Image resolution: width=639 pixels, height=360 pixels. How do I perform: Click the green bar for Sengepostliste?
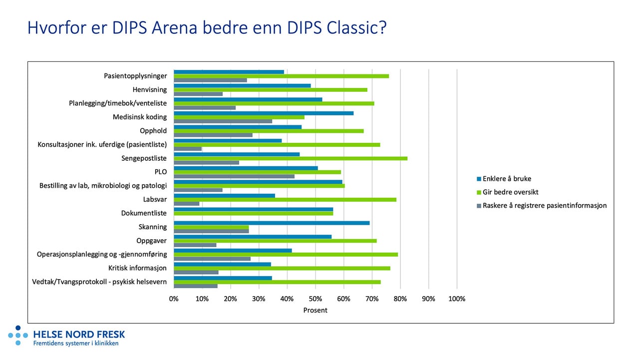pos(291,158)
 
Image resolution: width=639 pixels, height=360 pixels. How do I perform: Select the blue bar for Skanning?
pos(272,223)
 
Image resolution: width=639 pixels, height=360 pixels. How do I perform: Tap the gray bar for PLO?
pos(234,176)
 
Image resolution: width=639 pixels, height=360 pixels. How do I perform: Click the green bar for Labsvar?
pos(285,200)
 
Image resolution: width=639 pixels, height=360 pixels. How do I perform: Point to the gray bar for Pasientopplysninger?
pos(210,80)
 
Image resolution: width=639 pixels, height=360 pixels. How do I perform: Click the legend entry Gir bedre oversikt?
pos(510,192)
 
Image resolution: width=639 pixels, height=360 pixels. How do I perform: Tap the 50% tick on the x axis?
pos(315,299)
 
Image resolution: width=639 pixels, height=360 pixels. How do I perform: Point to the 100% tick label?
pos(457,299)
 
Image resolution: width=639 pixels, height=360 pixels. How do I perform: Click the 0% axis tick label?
pos(174,299)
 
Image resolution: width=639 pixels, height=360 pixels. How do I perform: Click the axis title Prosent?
pos(316,310)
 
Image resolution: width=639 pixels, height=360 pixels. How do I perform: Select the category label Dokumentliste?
pos(144,213)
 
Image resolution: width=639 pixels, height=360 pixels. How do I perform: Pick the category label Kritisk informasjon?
pos(137,268)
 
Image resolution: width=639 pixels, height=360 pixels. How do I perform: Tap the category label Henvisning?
pos(150,90)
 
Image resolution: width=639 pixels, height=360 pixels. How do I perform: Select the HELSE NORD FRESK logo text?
pos(79,335)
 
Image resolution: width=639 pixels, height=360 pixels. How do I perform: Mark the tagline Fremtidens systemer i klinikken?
pos(76,344)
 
